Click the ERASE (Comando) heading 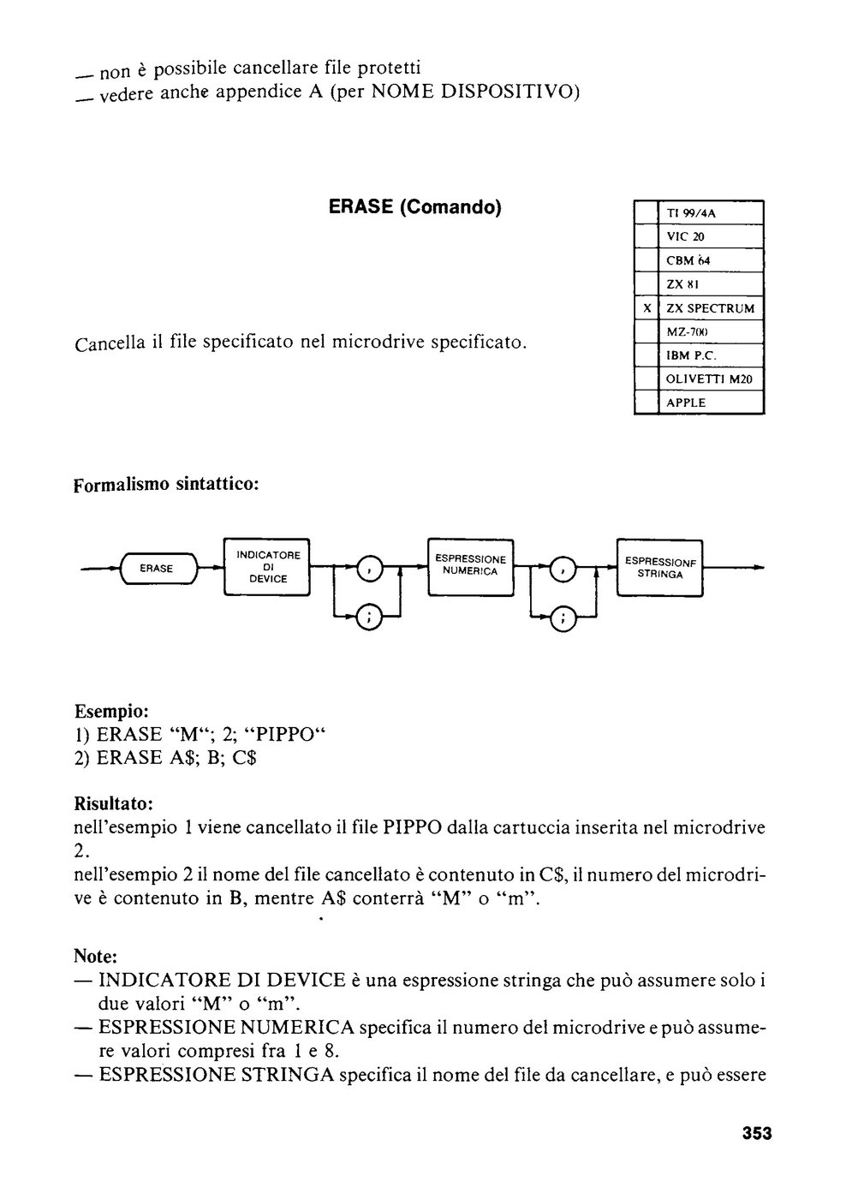click(414, 207)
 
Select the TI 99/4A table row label click(691, 213)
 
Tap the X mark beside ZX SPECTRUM click(647, 308)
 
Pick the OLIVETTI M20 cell click(709, 379)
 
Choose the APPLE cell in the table click(686, 403)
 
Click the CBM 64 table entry click(688, 260)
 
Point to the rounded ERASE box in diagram click(156, 569)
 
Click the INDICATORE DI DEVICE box click(267, 567)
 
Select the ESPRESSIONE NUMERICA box click(471, 567)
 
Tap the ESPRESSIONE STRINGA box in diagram click(660, 567)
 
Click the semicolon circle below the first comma click(370, 617)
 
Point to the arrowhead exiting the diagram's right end click(759, 568)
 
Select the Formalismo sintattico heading click(166, 485)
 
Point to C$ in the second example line click(245, 758)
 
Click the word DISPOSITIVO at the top click(510, 92)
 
